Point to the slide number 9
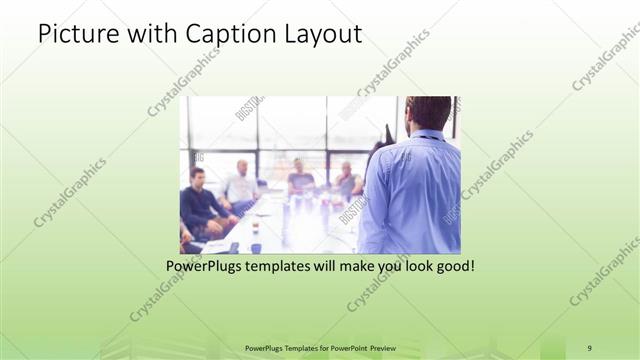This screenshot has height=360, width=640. tap(588, 347)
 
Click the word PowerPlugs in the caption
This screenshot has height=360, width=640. tap(207, 267)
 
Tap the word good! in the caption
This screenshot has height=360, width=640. tap(453, 267)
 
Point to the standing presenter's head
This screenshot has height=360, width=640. tap(428, 112)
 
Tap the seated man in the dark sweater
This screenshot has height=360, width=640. tap(201, 200)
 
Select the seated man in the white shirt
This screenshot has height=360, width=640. tap(241, 184)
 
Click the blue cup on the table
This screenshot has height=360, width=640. tap(255, 247)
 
